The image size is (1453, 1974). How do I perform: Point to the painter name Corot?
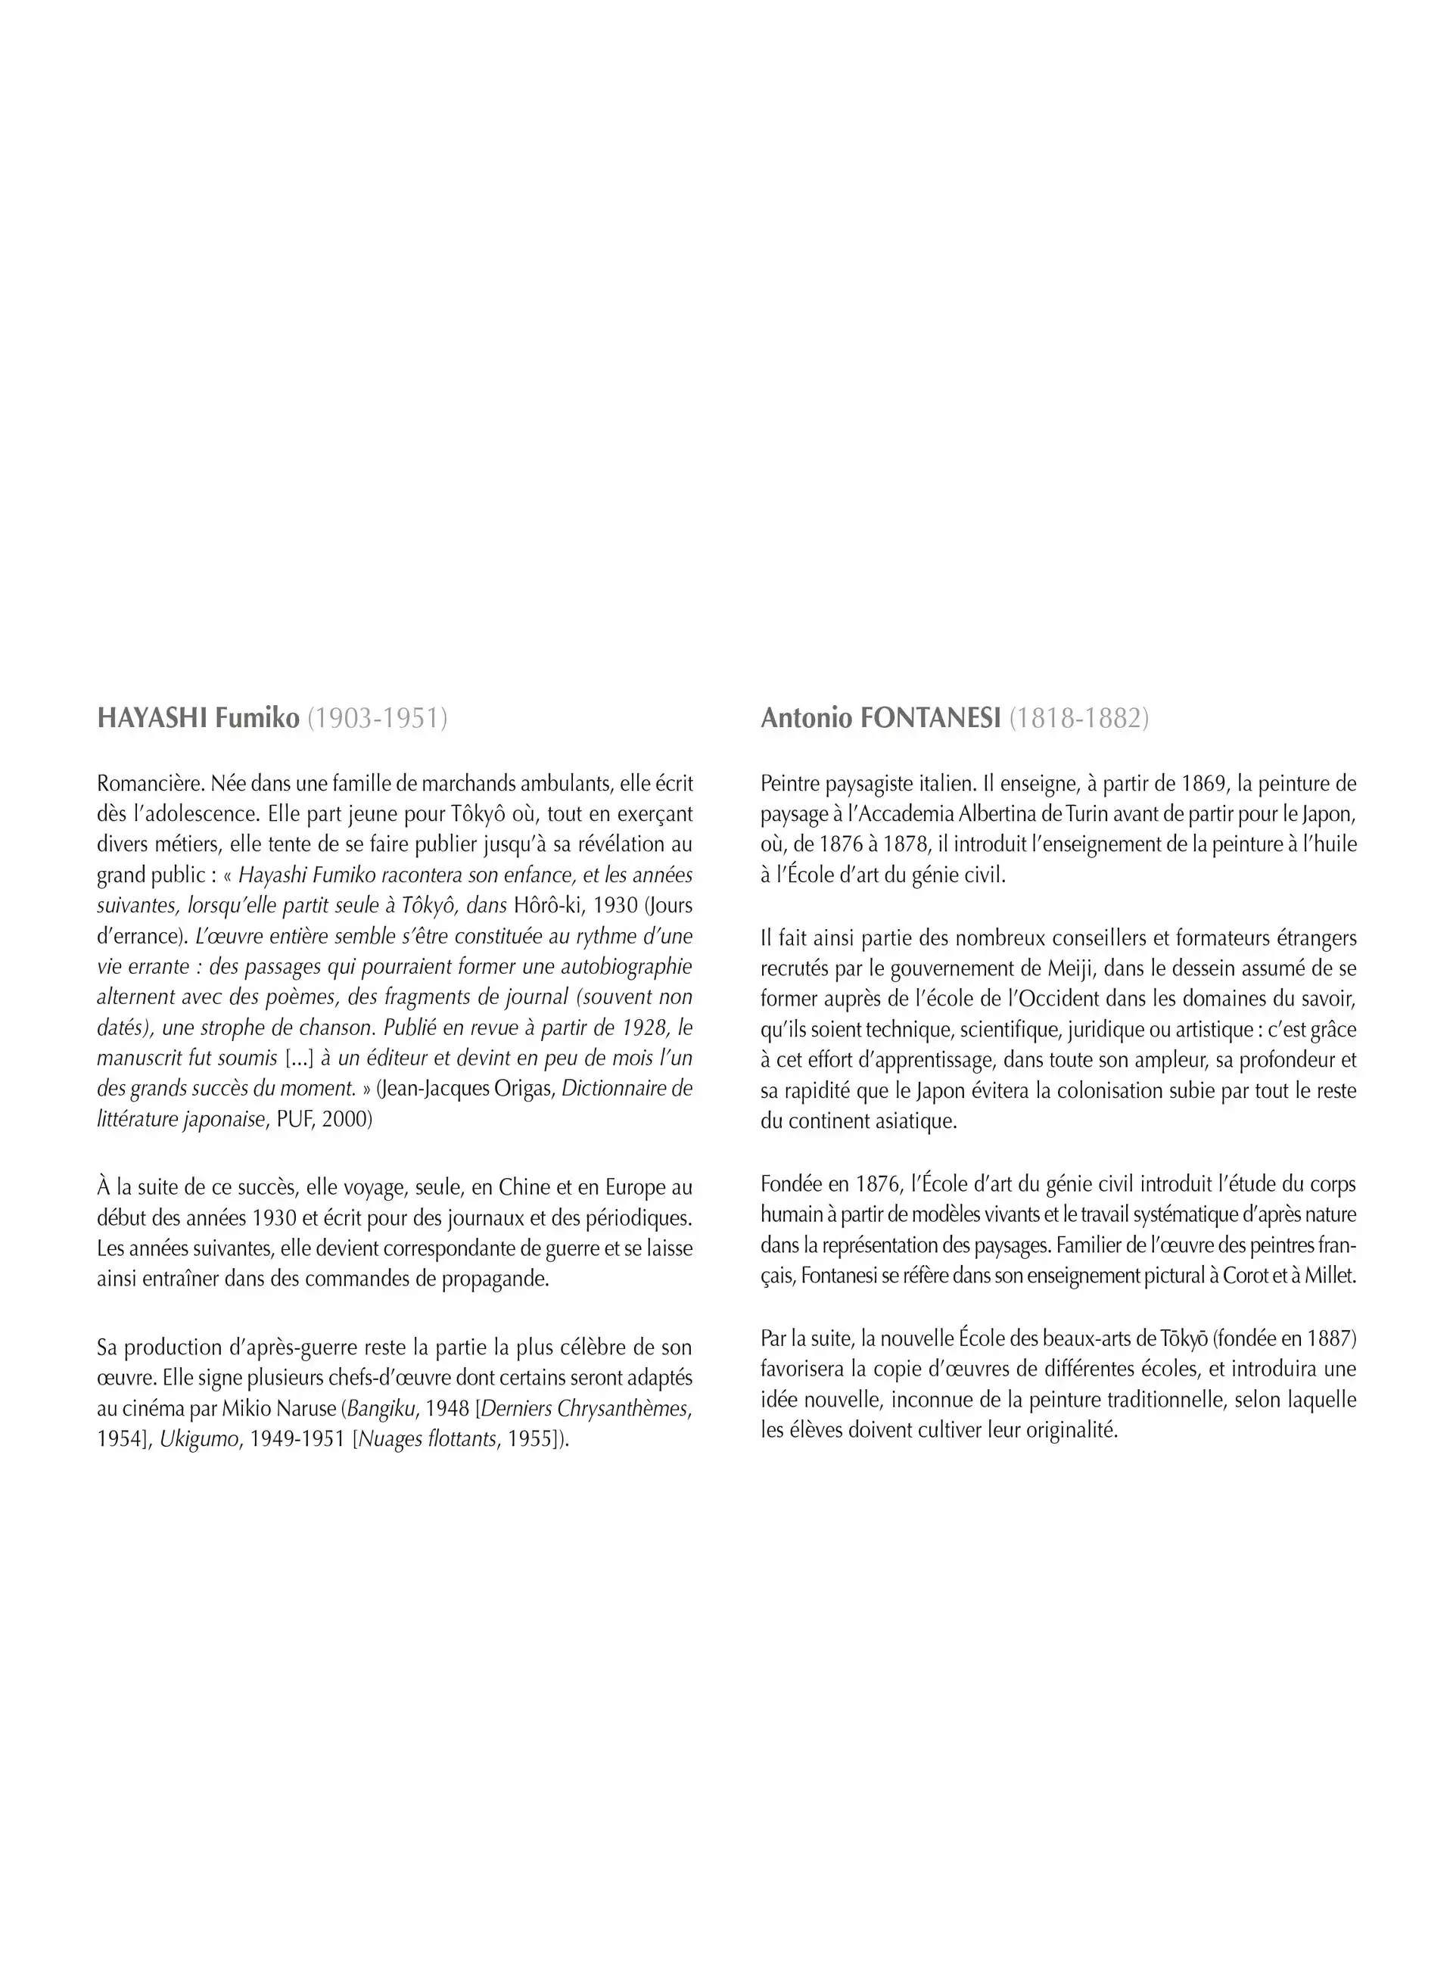tap(1247, 1276)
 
